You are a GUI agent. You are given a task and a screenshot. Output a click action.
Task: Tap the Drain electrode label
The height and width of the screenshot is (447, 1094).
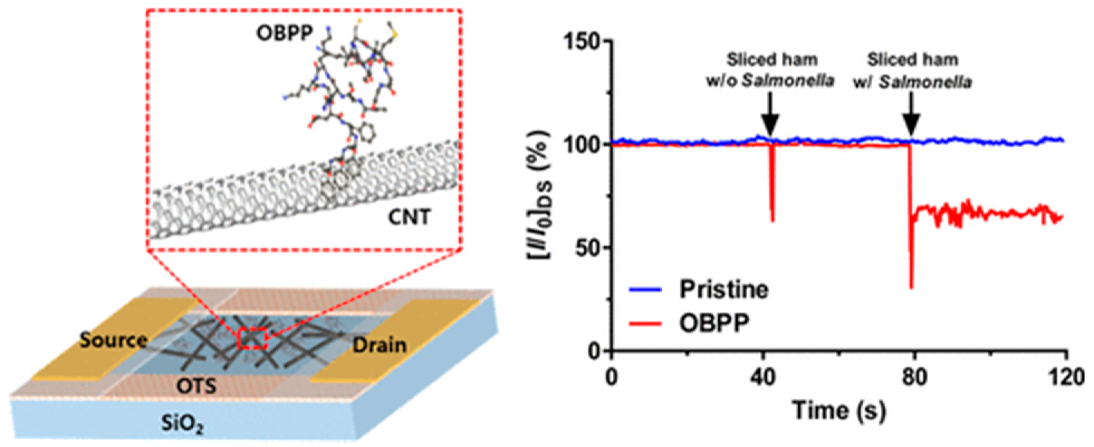pyautogui.click(x=379, y=345)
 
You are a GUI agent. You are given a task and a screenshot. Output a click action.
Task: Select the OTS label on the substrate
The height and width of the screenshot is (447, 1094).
pyautogui.click(x=196, y=386)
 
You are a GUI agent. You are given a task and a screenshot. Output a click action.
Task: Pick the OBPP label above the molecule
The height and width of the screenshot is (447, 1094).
pyautogui.click(x=285, y=33)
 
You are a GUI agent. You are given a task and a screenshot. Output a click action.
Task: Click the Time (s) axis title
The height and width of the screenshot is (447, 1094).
pyautogui.click(x=839, y=412)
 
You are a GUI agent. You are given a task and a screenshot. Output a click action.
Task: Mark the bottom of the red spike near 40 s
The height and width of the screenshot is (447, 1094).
pyautogui.click(x=773, y=221)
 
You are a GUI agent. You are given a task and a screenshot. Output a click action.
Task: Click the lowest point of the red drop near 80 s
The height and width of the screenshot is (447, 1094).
pyautogui.click(x=911, y=288)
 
